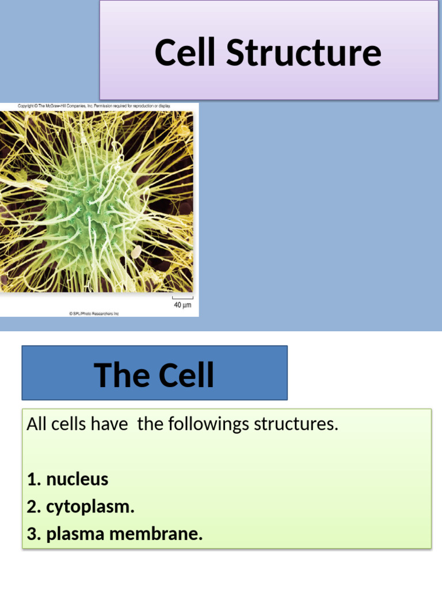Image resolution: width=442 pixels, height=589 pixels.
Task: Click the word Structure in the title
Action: coord(303,52)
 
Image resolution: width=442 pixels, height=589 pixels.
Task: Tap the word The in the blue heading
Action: coord(118,375)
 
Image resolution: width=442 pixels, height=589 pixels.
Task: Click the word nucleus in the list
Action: coord(77,479)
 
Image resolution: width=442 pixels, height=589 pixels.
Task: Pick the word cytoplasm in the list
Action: coord(90,507)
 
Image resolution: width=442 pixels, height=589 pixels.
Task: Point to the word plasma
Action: coord(75,534)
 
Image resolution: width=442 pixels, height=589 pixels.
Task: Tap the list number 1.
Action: coord(33,479)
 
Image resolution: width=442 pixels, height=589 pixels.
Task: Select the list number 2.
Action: coord(33,507)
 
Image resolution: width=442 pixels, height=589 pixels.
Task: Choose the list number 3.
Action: coord(33,534)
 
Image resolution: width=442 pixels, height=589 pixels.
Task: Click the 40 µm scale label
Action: coord(182,305)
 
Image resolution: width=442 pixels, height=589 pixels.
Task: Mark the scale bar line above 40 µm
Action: coord(182,298)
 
